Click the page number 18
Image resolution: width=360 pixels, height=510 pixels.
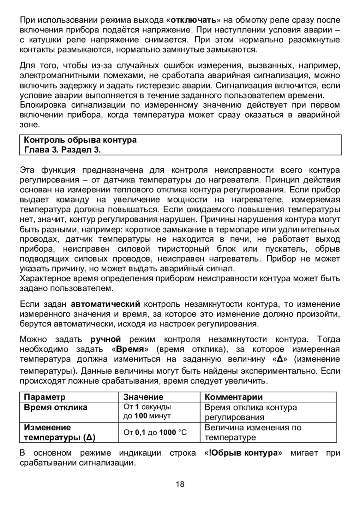click(180, 484)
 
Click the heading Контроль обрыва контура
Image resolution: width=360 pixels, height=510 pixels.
click(80, 140)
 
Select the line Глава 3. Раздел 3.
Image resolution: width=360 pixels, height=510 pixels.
click(62, 150)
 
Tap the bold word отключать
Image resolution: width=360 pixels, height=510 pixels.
click(194, 20)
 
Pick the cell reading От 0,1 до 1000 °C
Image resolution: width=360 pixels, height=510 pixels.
click(155, 432)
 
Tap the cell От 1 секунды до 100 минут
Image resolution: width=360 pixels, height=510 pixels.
click(148, 412)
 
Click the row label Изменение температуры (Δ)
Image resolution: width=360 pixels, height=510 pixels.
click(60, 432)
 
